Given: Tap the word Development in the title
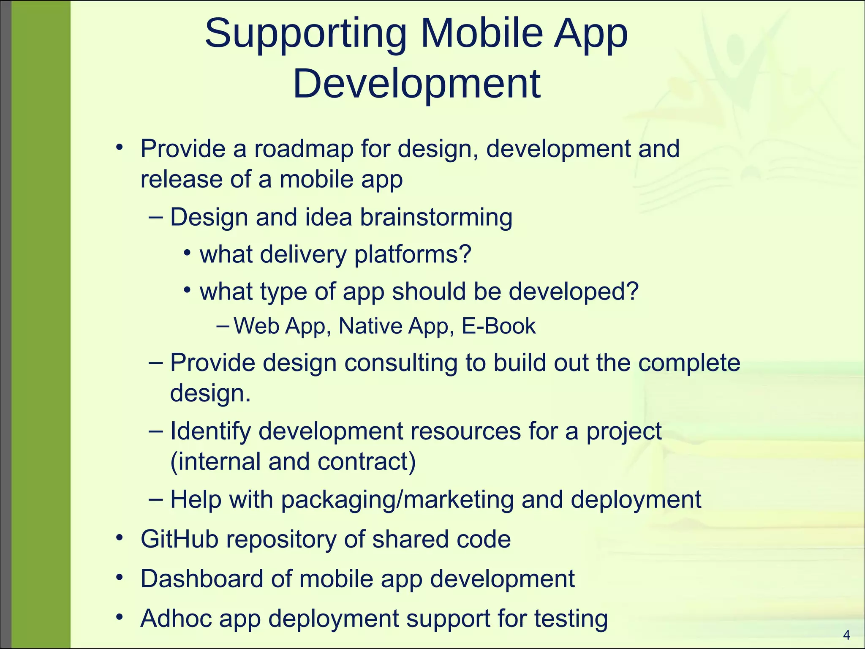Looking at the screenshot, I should tap(416, 84).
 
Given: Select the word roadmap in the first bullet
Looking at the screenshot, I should tap(303, 149).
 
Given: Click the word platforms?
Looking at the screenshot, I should tap(412, 255).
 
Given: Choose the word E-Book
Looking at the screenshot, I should tap(498, 326).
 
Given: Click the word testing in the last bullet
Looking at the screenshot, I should tap(571, 619).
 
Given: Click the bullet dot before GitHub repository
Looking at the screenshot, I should tap(120, 537).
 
